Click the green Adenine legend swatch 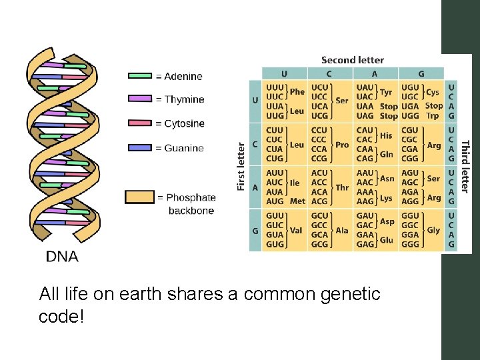(140, 76)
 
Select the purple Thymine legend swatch (140, 99)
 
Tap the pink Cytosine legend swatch (140, 123)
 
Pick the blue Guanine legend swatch (140, 148)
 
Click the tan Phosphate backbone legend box (139, 197)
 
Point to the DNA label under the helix (62, 256)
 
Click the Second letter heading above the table (353, 60)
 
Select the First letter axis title (241, 167)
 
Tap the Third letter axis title (465, 167)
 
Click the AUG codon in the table (275, 201)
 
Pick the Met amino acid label (297, 201)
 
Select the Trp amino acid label (433, 115)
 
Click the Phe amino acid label (297, 92)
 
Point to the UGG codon (410, 115)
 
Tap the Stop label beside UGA (433, 105)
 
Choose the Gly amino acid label (433, 230)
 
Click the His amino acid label (386, 135)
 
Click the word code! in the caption (62, 317)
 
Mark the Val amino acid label (296, 230)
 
